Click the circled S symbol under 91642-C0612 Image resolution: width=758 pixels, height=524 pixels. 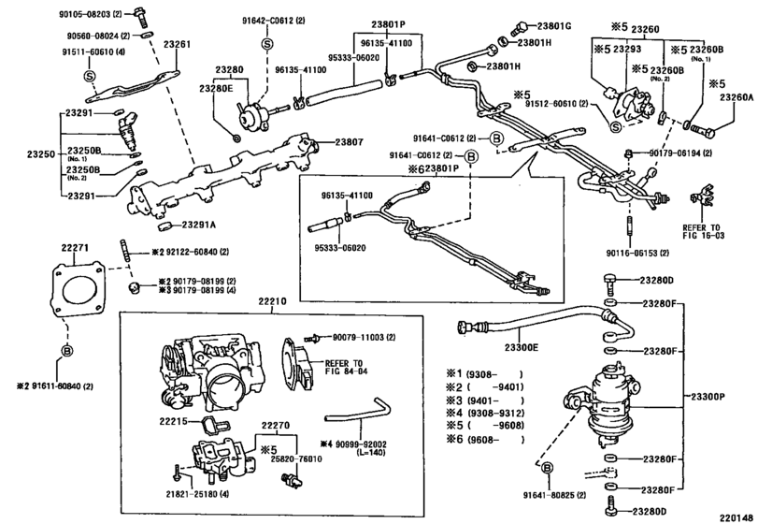[x=267, y=45]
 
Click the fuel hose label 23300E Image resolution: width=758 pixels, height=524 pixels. [x=522, y=347]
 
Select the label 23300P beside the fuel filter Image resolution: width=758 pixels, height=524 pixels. [x=734, y=397]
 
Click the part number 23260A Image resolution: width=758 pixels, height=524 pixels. [x=737, y=95]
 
